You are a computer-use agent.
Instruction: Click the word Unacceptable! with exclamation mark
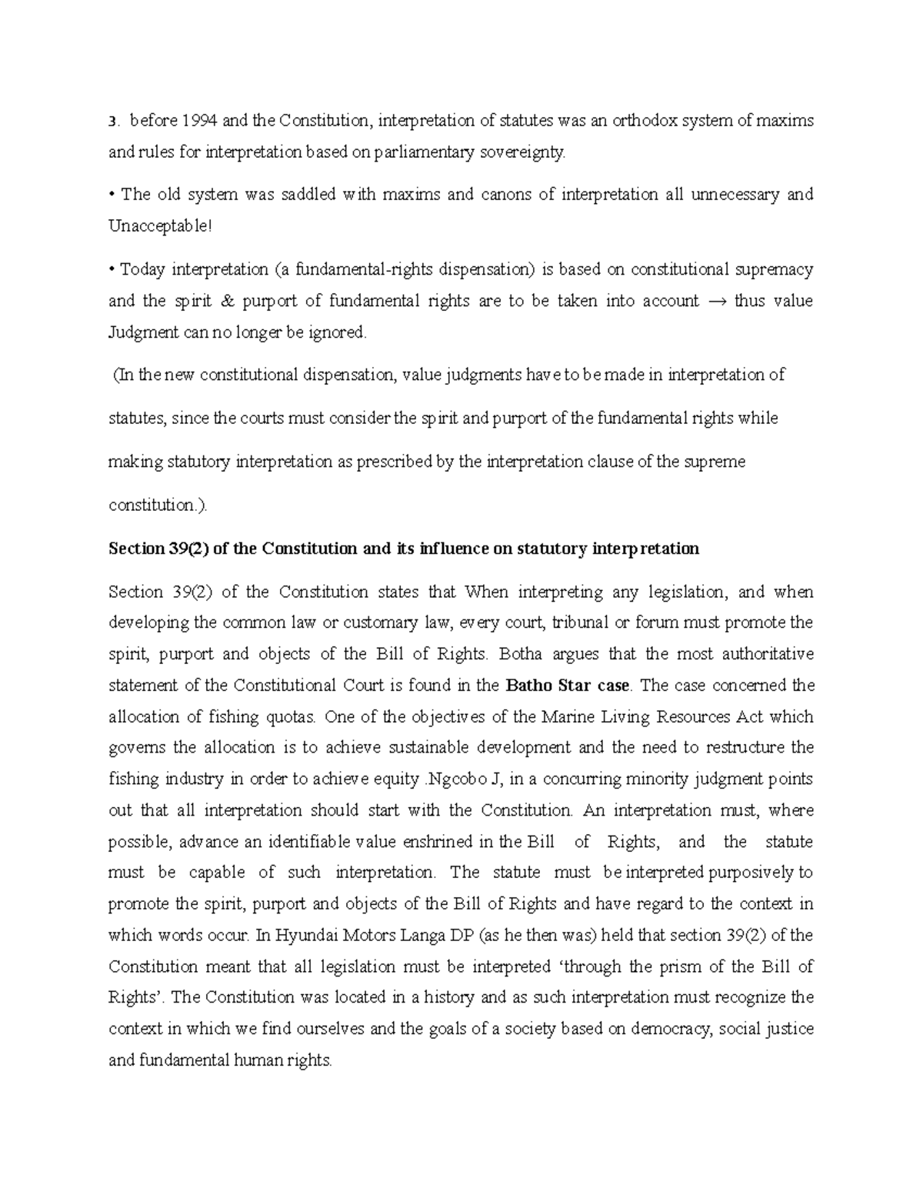coord(158,226)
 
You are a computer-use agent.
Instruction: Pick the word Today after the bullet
coord(142,269)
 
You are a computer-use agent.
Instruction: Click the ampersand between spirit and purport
coord(225,301)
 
